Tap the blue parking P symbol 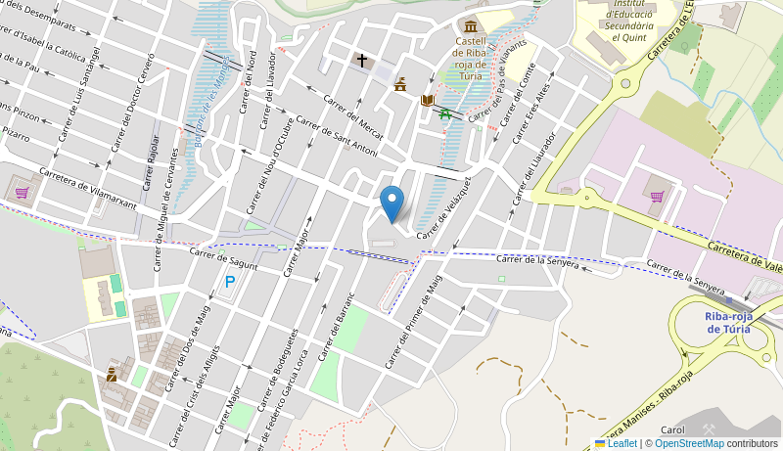230,282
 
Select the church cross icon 361,61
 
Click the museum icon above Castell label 471,24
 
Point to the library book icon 427,100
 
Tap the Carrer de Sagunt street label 224,258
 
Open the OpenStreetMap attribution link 689,443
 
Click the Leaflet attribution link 622,443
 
